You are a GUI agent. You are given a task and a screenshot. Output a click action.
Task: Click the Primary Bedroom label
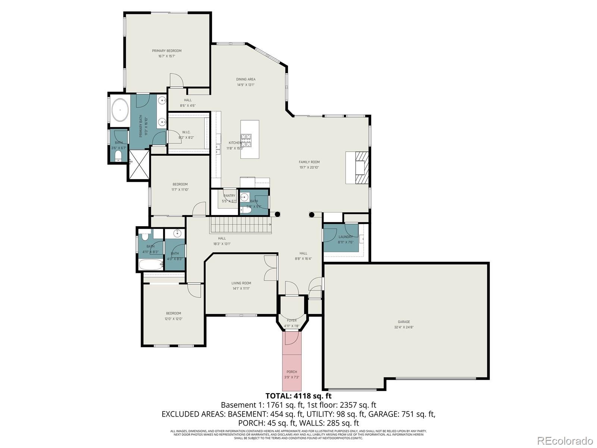coord(166,51)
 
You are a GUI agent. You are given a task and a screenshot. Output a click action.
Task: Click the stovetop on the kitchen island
coord(246,140)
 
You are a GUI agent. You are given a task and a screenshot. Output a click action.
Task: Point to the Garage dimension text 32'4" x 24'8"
coord(404,327)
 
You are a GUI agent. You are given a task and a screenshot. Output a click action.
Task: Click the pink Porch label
coord(292,372)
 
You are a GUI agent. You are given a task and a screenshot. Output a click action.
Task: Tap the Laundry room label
coord(346,237)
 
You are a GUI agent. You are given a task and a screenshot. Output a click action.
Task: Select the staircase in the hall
coord(241,225)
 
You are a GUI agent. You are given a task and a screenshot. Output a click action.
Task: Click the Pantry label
coord(229,196)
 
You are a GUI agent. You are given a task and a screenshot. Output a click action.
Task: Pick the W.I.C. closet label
coord(186,132)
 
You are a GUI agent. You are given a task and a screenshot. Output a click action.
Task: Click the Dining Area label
coord(246,79)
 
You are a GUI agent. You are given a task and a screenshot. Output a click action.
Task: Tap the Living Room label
coord(241,283)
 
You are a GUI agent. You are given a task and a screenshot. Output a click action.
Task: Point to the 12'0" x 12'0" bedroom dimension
coord(174,319)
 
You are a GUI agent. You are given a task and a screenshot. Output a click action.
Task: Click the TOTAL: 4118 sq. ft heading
coord(298,396)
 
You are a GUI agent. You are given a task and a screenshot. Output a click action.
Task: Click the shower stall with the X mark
coord(139,165)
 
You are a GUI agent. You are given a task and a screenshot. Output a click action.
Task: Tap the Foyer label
coord(292,320)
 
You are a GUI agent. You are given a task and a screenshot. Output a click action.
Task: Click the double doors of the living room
coord(271,268)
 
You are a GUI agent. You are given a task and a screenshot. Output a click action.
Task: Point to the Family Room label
coord(309,162)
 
